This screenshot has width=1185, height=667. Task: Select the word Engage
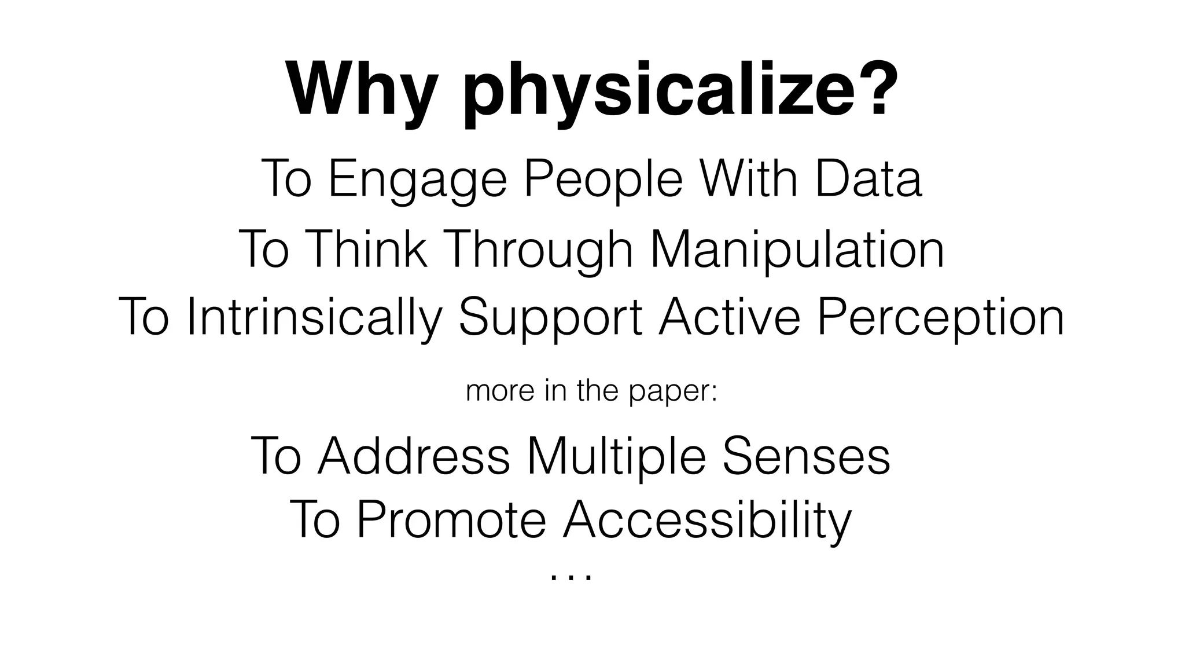(417, 180)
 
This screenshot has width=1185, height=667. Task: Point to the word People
(602, 180)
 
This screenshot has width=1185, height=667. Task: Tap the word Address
(414, 456)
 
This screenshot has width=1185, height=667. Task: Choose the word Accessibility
(706, 520)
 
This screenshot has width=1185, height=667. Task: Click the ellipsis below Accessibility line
(571, 577)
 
